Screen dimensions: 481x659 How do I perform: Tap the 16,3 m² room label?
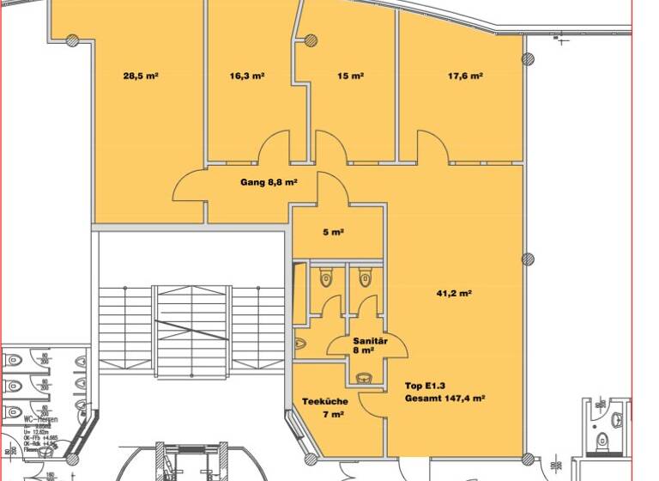(246, 76)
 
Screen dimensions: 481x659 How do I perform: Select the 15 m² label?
(350, 76)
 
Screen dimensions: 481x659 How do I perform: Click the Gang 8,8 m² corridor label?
(269, 182)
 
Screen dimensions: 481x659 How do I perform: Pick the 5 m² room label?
(333, 232)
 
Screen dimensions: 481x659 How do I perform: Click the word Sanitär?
(371, 341)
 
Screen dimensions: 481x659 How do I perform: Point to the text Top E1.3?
(425, 386)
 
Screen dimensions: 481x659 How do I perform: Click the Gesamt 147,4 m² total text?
(445, 399)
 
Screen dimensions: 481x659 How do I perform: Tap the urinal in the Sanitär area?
(299, 343)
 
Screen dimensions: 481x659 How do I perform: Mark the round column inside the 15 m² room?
(311, 40)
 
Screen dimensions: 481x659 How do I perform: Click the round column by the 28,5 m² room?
(73, 40)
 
